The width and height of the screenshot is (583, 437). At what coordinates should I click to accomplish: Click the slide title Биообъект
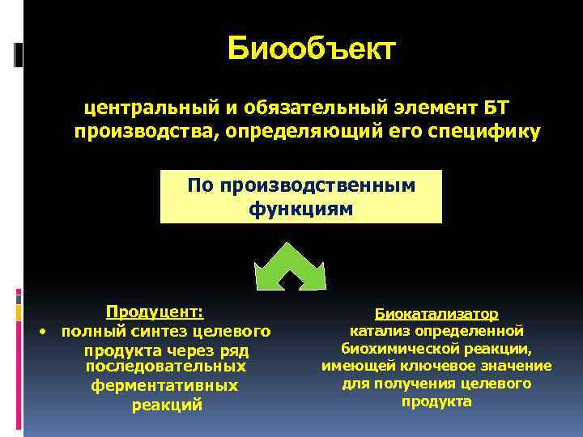click(x=312, y=49)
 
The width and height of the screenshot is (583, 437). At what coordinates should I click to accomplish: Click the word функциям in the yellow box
click(x=300, y=209)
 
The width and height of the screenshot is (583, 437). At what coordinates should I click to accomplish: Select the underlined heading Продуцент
click(x=155, y=312)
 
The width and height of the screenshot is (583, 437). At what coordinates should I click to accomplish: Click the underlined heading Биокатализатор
click(x=436, y=313)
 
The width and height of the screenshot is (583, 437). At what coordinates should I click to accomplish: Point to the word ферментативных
click(x=164, y=385)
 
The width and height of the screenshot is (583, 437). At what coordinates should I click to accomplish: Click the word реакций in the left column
click(x=167, y=405)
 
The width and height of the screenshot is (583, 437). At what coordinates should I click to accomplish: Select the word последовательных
click(x=165, y=367)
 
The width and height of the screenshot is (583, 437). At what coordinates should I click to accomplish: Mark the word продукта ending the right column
click(x=436, y=401)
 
